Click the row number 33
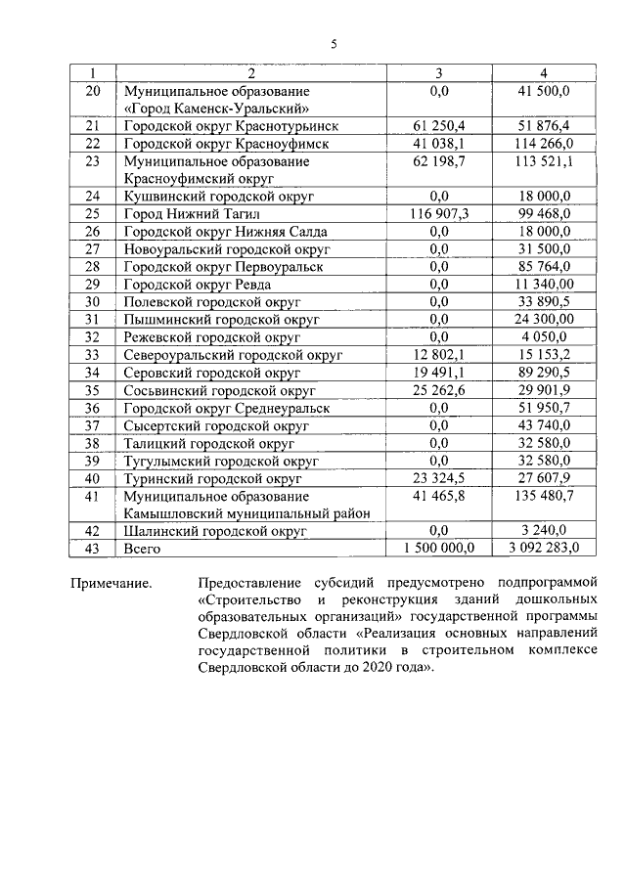click(94, 355)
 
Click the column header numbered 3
click(438, 73)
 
